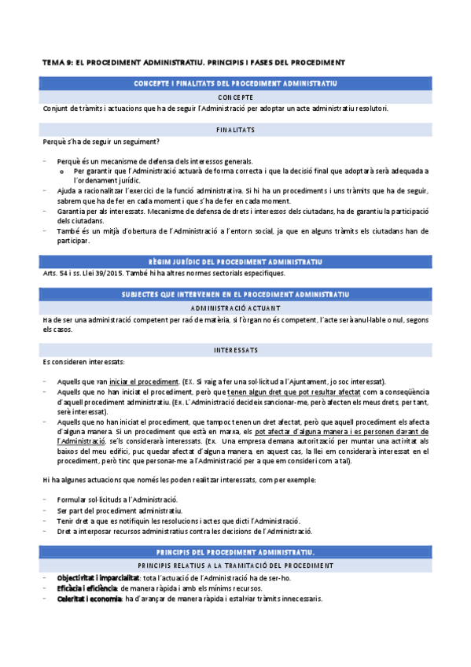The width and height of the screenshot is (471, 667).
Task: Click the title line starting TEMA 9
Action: (193, 61)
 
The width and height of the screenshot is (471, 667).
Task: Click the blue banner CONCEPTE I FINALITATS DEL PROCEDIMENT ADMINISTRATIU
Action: (236, 83)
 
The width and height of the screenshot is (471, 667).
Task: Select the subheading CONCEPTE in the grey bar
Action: (236, 97)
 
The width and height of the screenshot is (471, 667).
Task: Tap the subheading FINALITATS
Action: (236, 129)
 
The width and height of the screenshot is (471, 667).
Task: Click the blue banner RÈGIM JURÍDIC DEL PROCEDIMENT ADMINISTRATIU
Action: (236, 261)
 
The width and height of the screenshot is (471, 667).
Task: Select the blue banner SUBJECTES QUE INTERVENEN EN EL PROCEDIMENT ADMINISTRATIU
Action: (236, 293)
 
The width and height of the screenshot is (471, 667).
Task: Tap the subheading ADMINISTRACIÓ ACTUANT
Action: (236, 308)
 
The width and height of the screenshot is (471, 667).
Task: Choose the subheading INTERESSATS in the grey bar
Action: (236, 348)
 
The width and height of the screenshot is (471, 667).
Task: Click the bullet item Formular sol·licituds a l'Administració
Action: (117, 499)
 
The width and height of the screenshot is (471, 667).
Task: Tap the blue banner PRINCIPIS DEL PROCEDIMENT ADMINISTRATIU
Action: (236, 552)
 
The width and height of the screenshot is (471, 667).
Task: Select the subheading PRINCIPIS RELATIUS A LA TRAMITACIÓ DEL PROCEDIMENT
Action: (236, 566)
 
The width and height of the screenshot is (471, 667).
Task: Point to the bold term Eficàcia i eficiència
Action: (87, 588)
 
